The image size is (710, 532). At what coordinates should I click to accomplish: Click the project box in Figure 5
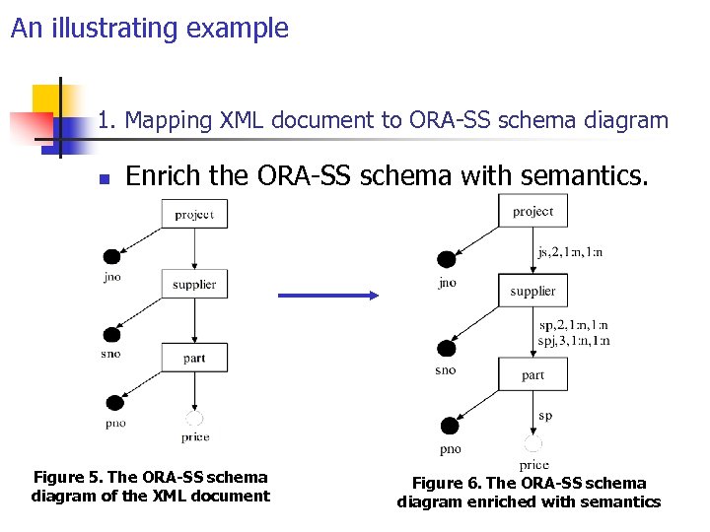(194, 214)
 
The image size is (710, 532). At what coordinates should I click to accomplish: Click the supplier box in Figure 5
(194, 284)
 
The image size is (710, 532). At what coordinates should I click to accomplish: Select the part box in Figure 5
(194, 358)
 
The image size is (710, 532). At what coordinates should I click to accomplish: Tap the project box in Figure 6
(532, 211)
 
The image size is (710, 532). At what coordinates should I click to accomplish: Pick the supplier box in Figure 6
(532, 291)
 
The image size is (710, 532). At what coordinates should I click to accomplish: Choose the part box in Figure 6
(532, 374)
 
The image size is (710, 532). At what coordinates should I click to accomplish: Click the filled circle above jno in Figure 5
(112, 257)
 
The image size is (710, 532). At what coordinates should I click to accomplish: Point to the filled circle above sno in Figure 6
(446, 348)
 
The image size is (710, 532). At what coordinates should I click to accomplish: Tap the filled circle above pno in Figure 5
(114, 402)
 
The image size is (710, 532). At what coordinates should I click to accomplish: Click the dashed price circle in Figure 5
(194, 419)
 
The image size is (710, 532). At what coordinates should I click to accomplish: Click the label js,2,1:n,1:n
(570, 252)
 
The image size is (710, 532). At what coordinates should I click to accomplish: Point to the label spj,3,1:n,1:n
(574, 341)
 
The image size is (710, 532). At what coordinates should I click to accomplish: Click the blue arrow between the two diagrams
(330, 295)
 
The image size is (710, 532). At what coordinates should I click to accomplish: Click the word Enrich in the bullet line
(162, 176)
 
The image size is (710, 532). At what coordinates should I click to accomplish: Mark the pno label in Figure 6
(450, 449)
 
